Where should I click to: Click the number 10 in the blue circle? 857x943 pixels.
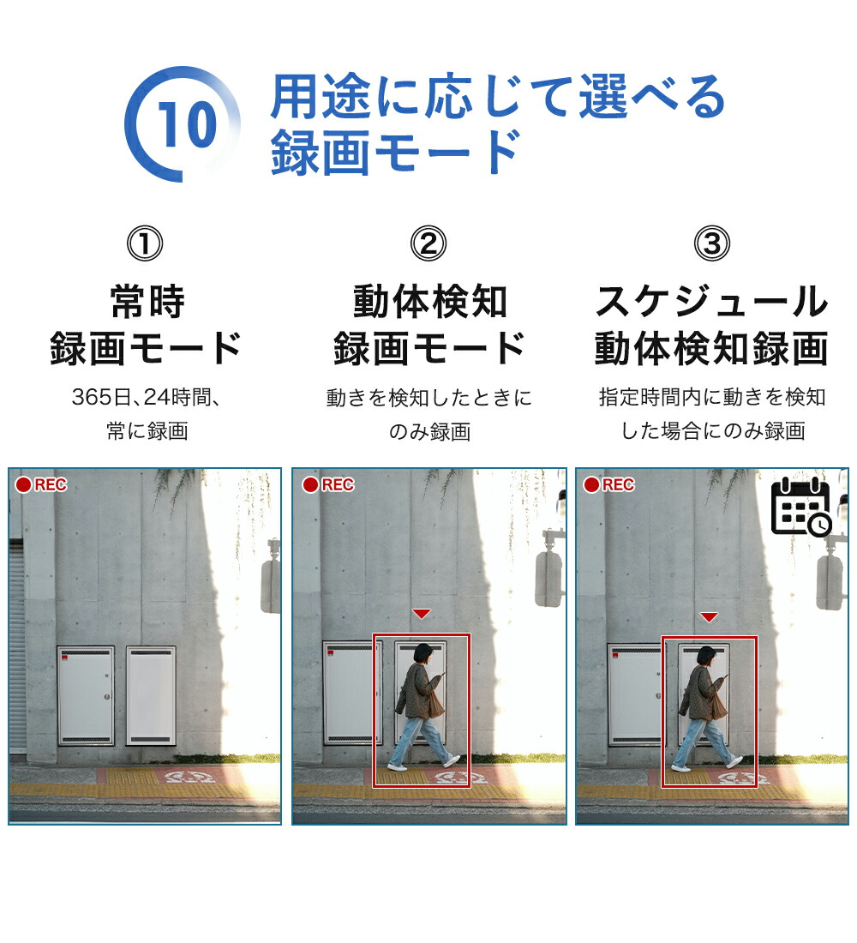[x=187, y=124]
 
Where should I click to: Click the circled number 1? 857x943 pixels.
[x=145, y=243]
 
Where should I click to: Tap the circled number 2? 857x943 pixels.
[x=428, y=243]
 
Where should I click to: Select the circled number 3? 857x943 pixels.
[x=712, y=243]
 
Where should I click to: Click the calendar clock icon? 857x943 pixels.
[x=801, y=507]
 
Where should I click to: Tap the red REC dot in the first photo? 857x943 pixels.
[x=23, y=484]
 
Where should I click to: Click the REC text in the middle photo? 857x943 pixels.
[x=338, y=484]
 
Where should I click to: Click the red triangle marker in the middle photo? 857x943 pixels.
[x=422, y=614]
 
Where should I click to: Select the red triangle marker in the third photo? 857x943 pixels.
[x=710, y=617]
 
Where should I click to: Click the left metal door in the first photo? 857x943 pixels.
[x=86, y=696]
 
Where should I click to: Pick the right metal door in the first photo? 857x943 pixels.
[x=151, y=696]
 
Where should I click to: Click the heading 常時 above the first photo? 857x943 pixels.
[x=147, y=302]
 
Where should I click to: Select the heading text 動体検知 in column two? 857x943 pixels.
[x=430, y=302]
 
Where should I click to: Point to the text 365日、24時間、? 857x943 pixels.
[x=147, y=397]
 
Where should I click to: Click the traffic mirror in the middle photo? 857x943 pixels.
[x=548, y=577]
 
